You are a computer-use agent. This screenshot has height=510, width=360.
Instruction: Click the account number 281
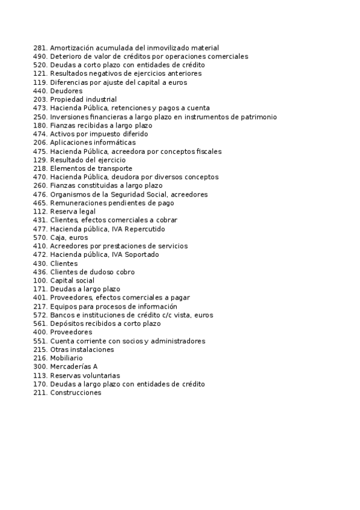click(40, 48)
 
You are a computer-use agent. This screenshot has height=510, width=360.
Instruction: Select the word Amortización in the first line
click(70, 48)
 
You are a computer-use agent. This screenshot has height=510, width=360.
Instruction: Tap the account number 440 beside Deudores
click(40, 91)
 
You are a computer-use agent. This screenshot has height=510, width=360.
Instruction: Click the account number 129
click(40, 160)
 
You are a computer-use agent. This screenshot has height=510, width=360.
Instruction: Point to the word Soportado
click(140, 255)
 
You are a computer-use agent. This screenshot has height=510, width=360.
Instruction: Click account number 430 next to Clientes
click(40, 263)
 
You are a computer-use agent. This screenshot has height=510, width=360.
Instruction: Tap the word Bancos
click(61, 315)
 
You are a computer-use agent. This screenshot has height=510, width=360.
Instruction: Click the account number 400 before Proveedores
click(40, 332)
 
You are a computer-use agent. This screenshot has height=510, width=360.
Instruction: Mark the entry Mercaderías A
click(73, 367)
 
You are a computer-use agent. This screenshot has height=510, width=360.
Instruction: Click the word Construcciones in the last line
click(76, 393)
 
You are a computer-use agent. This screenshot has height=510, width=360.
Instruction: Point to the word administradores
click(175, 341)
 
